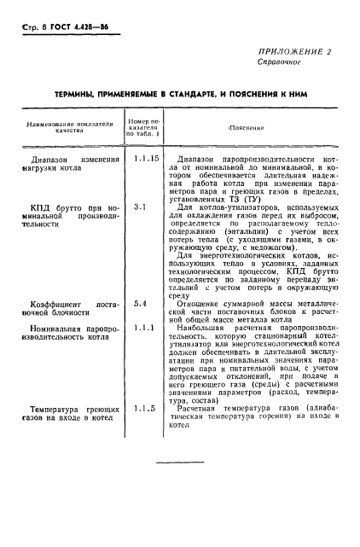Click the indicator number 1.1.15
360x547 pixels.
click(146, 159)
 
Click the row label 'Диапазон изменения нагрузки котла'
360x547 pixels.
click(75, 164)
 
